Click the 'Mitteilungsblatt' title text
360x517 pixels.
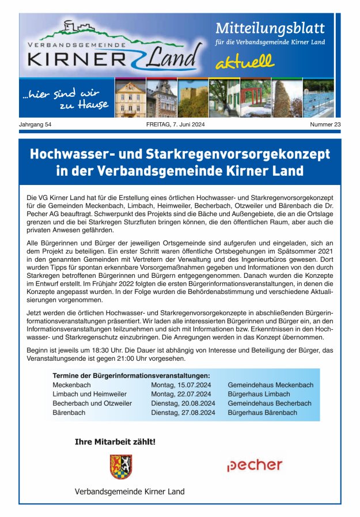tap(270, 28)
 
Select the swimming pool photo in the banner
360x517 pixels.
tap(317, 99)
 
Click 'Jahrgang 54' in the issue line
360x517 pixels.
tap(36, 124)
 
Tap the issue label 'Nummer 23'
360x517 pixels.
tap(325, 124)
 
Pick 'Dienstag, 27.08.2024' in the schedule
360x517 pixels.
tap(183, 413)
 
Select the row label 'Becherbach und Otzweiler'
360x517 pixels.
tap(92, 403)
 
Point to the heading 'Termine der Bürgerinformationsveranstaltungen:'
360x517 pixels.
tap(131, 376)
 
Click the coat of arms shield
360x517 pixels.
tap(122, 466)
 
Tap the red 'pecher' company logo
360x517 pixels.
tap(255, 465)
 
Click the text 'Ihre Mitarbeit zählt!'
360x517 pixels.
tap(115, 442)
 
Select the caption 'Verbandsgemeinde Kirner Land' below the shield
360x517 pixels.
tap(130, 492)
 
